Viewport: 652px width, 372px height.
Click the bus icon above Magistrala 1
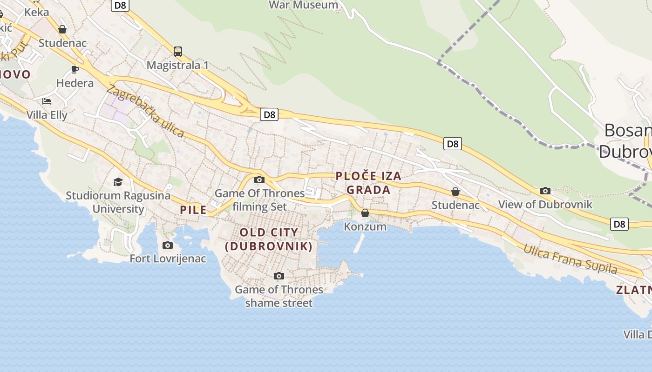(x=178, y=52)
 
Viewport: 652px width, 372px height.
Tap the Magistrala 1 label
(x=177, y=65)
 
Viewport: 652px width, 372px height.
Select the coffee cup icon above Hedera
(x=75, y=70)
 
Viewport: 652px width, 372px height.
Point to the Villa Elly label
(x=47, y=115)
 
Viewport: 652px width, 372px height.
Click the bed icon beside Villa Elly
(x=47, y=101)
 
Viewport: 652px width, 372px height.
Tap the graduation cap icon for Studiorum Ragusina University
(x=118, y=182)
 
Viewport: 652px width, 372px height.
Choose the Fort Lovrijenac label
(x=168, y=259)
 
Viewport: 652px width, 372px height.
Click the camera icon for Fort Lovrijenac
(x=168, y=245)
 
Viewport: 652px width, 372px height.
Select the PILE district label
(x=193, y=210)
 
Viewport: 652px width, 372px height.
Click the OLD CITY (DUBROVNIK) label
(x=269, y=239)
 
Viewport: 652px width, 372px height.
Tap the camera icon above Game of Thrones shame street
(x=278, y=276)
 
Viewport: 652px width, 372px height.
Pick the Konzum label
(x=365, y=226)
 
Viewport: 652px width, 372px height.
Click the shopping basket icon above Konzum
(x=365, y=213)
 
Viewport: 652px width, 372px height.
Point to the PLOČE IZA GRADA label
(x=368, y=183)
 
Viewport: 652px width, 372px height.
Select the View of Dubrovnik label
(x=545, y=204)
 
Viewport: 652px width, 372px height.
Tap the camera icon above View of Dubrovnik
(x=545, y=191)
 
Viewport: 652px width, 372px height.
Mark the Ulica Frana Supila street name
(x=570, y=259)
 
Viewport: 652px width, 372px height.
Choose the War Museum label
(x=304, y=5)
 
